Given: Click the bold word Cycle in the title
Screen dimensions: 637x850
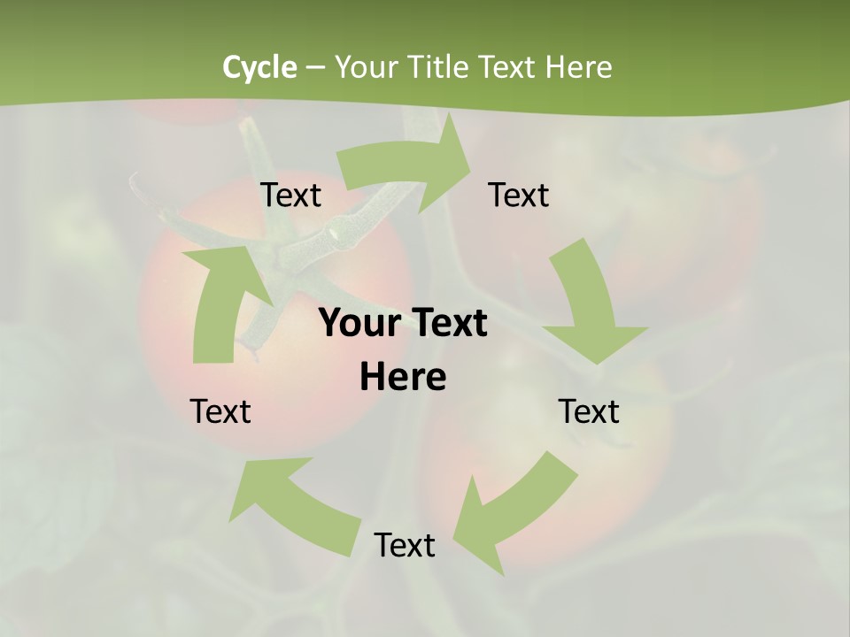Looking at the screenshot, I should (259, 67).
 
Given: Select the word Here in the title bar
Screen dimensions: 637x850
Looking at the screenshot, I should (579, 67).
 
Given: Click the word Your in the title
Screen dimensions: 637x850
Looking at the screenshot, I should (366, 67).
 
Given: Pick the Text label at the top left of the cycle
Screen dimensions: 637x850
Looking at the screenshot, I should (290, 195).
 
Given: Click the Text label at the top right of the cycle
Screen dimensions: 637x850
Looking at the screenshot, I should (519, 195).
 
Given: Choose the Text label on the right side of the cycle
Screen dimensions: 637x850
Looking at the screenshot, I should (589, 411).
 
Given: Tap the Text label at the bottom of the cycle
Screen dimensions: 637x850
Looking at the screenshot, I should (405, 545).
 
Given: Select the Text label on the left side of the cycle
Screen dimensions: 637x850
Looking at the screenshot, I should (220, 411).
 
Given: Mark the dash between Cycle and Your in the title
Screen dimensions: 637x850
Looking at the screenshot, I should (315, 68).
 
